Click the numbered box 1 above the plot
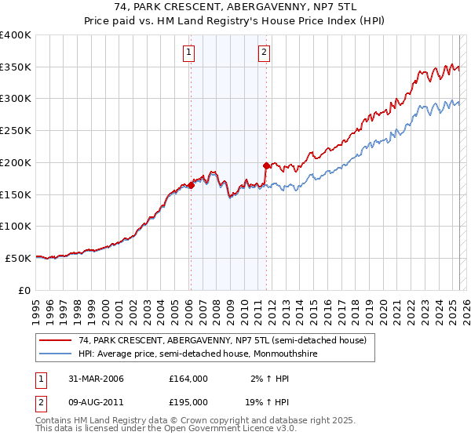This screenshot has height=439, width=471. [x=190, y=53]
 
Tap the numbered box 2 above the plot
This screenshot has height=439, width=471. [x=264, y=53]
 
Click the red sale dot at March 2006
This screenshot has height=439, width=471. [x=191, y=186]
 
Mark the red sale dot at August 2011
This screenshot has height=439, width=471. [x=266, y=165]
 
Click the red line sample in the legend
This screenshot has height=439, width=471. [x=55, y=340]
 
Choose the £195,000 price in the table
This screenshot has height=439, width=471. [x=188, y=401]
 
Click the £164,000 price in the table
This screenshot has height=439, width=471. [x=188, y=379]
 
